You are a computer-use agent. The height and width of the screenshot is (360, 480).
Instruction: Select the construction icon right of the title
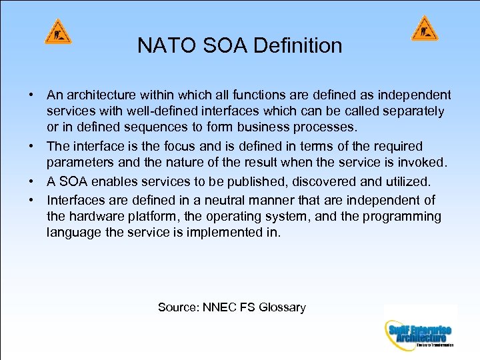click(x=425, y=29)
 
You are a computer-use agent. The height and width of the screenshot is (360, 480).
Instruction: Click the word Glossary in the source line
click(x=282, y=307)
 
